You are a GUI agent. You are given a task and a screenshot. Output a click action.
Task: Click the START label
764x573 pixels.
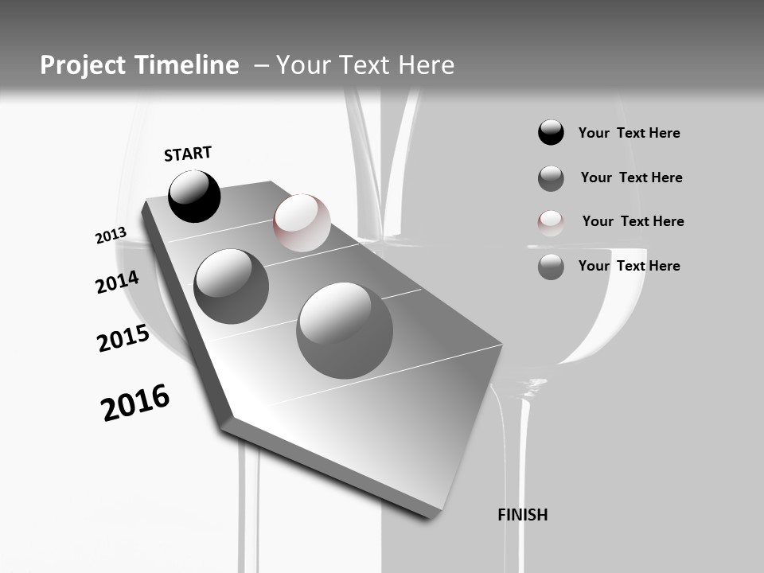[188, 153]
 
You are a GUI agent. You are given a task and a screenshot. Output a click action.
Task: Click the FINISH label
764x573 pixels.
[522, 515]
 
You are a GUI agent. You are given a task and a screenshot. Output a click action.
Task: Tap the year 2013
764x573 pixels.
[111, 236]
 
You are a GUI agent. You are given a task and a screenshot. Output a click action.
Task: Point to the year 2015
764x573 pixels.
[123, 338]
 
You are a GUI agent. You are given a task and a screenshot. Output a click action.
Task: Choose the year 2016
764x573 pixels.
[135, 403]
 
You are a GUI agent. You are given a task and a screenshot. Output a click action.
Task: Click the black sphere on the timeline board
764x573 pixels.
[194, 197]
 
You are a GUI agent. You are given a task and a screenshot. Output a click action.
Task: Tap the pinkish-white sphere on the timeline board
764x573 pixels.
[302, 223]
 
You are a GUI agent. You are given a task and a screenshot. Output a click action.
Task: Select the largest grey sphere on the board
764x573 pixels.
[345, 330]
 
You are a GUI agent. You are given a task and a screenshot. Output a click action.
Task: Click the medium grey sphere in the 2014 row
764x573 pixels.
[231, 286]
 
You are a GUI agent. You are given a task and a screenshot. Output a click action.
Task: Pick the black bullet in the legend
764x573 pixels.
[551, 133]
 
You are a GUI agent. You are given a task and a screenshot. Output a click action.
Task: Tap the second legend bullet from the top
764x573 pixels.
[551, 178]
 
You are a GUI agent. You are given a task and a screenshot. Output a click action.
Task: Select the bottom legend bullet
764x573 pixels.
[551, 267]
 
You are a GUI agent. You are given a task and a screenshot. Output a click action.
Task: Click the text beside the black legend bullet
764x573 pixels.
[629, 133]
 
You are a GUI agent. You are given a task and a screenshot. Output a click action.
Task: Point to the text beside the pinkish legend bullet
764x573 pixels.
[633, 221]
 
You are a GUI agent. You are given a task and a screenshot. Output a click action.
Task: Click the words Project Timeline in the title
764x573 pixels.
[139, 65]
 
